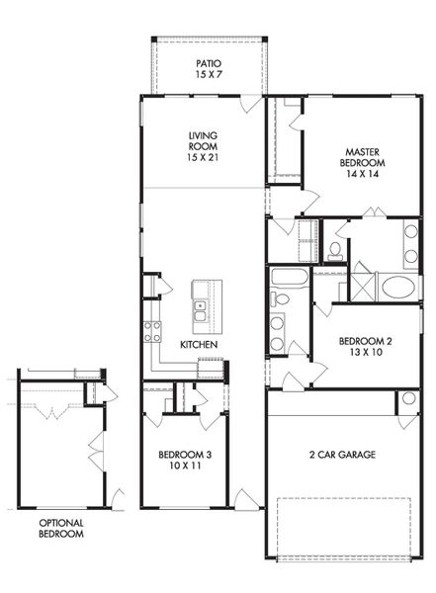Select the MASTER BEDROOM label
362,156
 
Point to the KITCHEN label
199,345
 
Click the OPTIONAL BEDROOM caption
61,528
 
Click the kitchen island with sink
207,305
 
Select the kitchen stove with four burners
153,332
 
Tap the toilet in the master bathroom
335,247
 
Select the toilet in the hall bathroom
281,298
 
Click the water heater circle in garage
407,400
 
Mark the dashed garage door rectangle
343,527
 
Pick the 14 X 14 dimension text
364,173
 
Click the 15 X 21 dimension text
203,158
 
